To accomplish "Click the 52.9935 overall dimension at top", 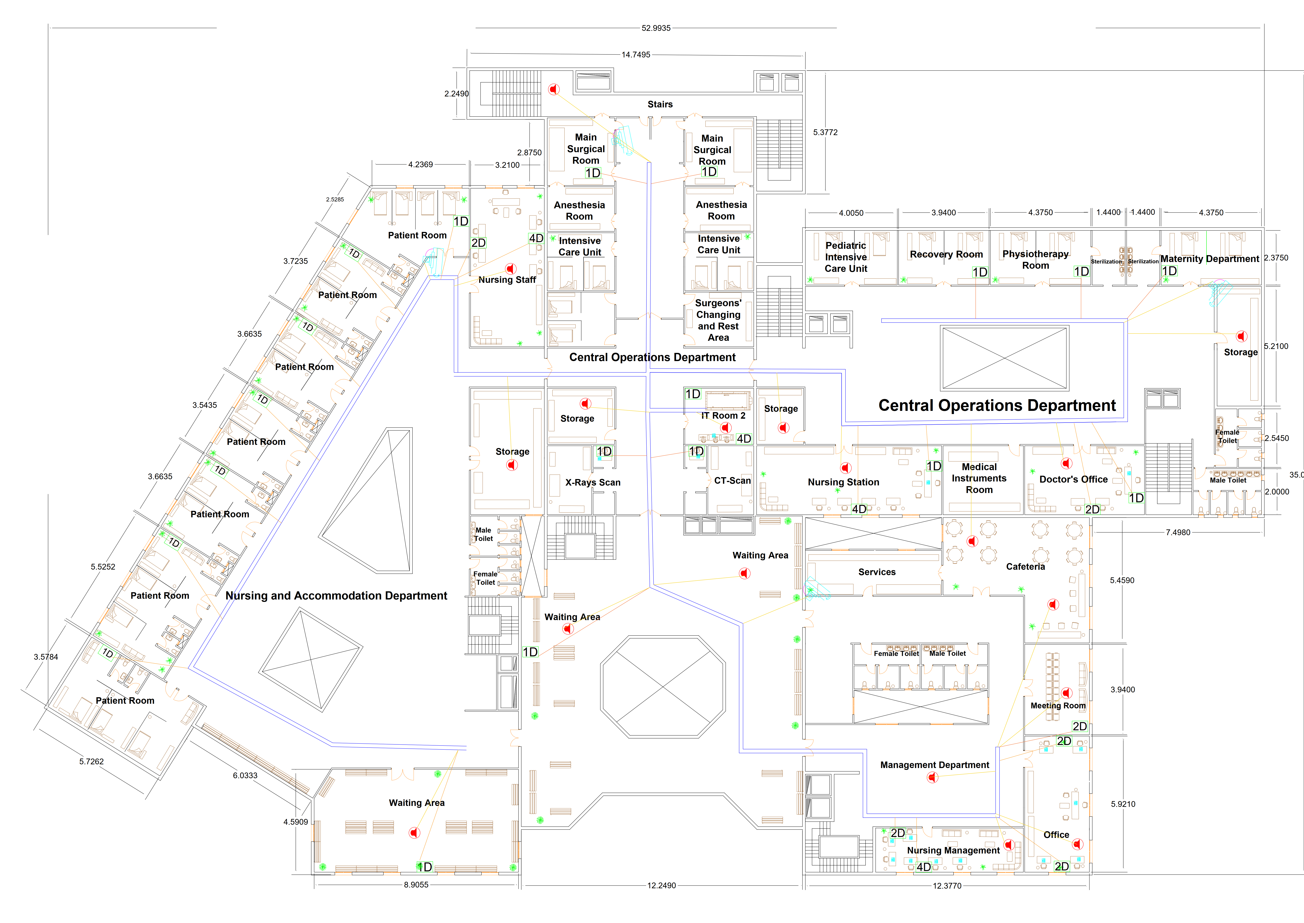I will pos(656,28).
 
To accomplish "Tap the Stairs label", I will pos(660,105).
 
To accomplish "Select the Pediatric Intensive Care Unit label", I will pos(846,257).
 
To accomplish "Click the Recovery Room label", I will pos(946,255).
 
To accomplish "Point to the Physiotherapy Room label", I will pos(1035,260).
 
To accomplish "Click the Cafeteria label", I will pos(1025,567).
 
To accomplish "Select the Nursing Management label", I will pos(953,850).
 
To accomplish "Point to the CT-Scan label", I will pos(732,481).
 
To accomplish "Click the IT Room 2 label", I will pos(723,416).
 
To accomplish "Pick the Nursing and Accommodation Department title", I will pos(336,596).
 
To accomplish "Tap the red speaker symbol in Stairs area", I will pos(554,89).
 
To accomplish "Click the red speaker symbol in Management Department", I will pos(932,777).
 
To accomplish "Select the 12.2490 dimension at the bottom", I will pos(662,885).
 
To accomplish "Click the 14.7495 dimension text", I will pos(635,55).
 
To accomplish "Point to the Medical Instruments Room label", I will pos(979,479).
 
